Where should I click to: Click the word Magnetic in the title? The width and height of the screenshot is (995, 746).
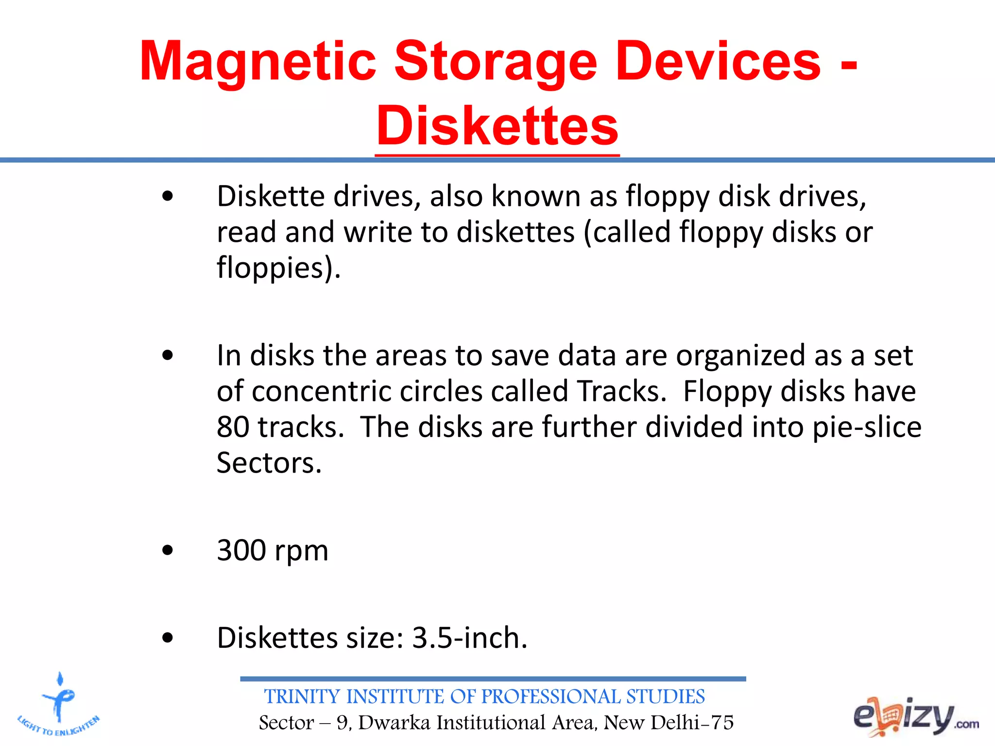click(258, 62)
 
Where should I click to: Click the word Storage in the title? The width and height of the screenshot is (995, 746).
click(495, 62)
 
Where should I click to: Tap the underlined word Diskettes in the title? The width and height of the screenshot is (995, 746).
click(497, 126)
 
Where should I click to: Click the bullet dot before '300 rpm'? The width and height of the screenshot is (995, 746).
click(168, 550)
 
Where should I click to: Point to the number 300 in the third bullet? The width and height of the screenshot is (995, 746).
click(241, 550)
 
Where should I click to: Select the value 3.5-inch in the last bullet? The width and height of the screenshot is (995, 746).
click(469, 637)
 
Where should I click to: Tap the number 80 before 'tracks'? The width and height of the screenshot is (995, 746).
click(233, 427)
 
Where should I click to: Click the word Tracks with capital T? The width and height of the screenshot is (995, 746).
click(621, 391)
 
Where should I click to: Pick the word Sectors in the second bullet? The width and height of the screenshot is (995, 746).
click(269, 463)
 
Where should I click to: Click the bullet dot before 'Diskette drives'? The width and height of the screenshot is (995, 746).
click(168, 197)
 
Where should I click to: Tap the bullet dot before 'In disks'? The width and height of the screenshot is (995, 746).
click(168, 356)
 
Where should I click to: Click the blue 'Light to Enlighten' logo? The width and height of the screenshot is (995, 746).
click(59, 704)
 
